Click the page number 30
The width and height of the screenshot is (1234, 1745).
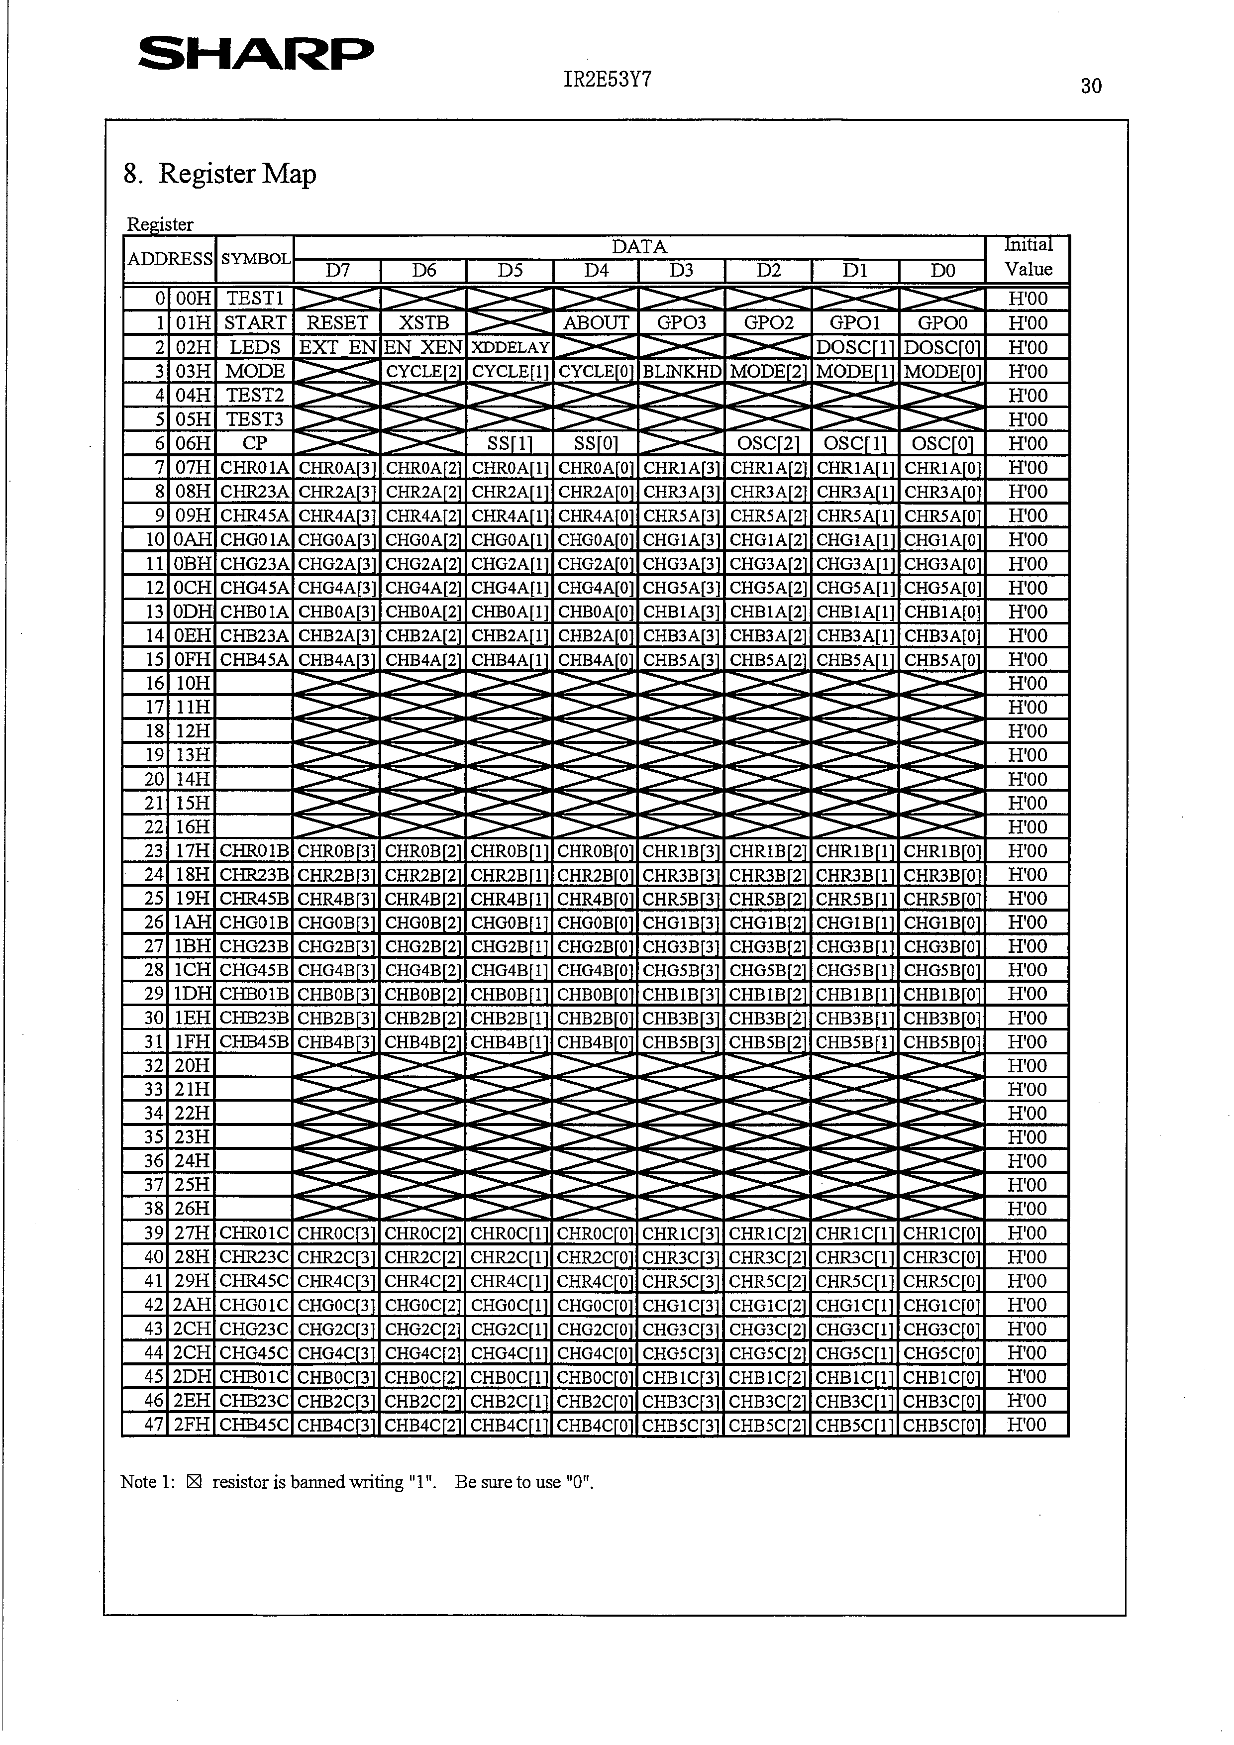1090,87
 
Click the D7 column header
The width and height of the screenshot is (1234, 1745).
337,271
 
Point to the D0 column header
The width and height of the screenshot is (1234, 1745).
942,271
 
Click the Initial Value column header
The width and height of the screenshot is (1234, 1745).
1028,258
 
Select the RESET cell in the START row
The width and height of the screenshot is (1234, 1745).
337,323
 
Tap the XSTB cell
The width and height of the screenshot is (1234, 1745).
423,323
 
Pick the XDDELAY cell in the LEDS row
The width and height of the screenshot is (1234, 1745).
510,347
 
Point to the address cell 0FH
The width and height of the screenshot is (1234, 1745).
192,660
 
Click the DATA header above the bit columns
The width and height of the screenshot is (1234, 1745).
639,247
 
